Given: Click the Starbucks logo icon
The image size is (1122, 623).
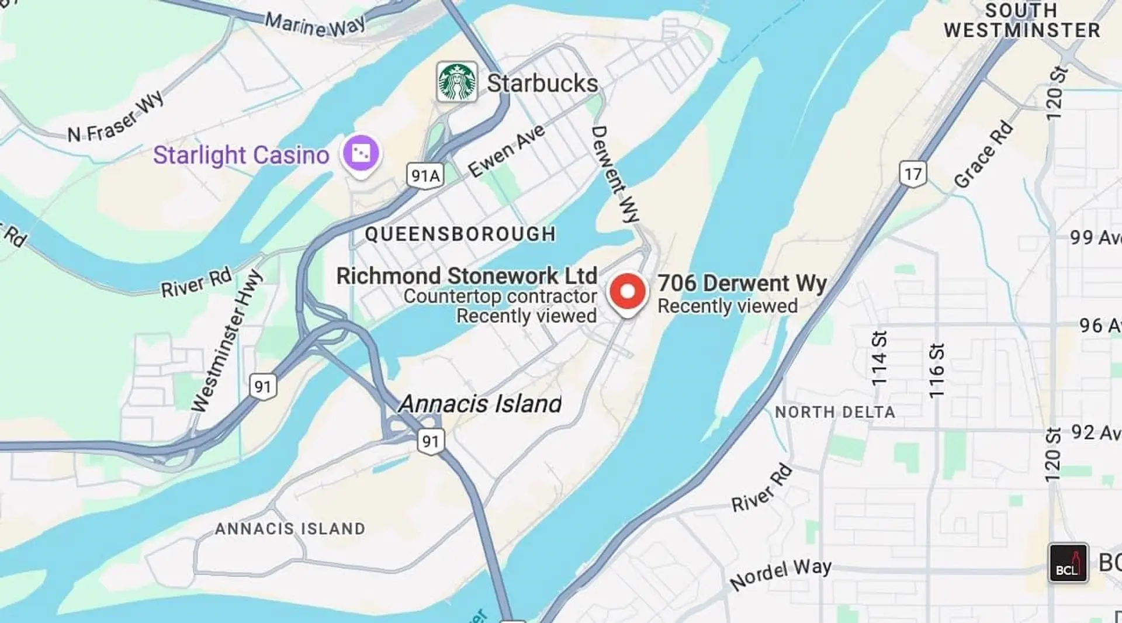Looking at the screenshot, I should coord(457,82).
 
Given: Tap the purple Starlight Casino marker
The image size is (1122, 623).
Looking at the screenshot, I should coord(361,154).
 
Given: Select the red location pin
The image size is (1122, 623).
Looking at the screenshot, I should coord(627,292).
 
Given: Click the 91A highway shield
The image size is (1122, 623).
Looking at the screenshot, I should coord(425,175).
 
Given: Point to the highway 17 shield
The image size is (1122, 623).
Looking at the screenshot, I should coord(912,174).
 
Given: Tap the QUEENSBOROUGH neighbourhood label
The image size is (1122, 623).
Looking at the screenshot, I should coord(460,234).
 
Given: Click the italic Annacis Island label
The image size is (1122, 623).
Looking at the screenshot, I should coord(480,404).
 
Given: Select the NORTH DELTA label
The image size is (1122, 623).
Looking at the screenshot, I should coord(834,412).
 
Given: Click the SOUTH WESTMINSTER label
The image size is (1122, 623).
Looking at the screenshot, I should coord(1021,21).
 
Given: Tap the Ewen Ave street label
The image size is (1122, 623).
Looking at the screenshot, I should coord(506,150).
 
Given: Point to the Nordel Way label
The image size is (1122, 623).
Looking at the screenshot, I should coord(780,574).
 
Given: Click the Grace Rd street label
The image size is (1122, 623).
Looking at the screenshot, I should coord(983,154).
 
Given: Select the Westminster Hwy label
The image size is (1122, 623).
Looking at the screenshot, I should coord(227,341).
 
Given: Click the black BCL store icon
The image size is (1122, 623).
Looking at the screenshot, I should coord(1068,563).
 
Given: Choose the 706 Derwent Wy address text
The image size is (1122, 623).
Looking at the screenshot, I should coord(742,283).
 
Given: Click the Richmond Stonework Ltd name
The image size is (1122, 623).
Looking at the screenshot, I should coord(466,276).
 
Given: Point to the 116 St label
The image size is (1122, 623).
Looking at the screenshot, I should coord(936,371).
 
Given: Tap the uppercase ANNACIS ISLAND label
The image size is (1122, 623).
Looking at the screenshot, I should coord(290,529).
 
